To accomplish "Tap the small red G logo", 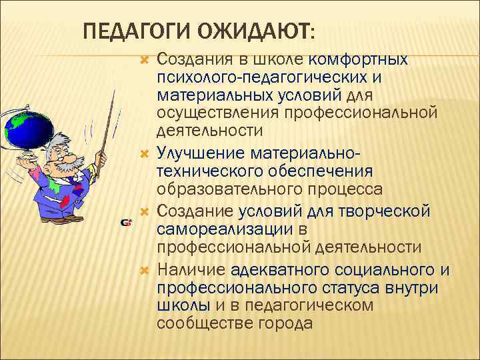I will pos(125,222).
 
